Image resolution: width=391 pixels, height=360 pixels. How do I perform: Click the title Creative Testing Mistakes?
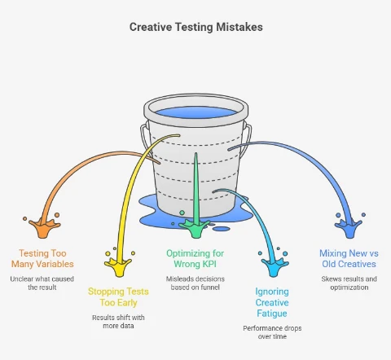[x=196, y=27]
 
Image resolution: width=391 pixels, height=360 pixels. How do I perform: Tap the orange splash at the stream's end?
[x=43, y=227]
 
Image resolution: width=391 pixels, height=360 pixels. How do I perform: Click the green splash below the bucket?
[x=195, y=227]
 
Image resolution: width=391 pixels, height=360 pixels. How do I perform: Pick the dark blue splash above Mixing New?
[x=349, y=227]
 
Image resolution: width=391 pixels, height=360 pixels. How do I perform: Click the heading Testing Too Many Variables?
[x=42, y=258]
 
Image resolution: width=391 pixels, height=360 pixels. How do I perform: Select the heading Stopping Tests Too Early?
[x=118, y=296]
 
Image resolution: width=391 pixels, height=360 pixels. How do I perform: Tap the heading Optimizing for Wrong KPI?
[x=195, y=258]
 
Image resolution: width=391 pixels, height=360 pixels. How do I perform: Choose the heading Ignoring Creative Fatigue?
[x=272, y=302]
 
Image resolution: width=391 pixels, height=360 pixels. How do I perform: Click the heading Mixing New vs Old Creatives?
[x=349, y=258]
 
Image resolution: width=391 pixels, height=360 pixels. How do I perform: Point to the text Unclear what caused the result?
[x=42, y=283]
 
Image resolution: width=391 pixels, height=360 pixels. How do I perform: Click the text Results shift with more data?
[x=118, y=322]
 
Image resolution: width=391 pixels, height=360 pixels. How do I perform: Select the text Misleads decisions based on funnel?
[x=195, y=283]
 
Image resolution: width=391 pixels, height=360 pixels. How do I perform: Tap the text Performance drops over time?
[x=272, y=332]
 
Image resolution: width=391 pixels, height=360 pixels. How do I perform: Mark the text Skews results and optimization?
[x=349, y=283]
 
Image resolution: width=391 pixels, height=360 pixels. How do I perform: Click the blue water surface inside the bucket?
[x=196, y=112]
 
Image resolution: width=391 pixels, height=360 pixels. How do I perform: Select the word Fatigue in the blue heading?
[x=272, y=314]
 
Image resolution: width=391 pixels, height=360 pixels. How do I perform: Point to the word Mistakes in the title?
[x=239, y=27]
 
